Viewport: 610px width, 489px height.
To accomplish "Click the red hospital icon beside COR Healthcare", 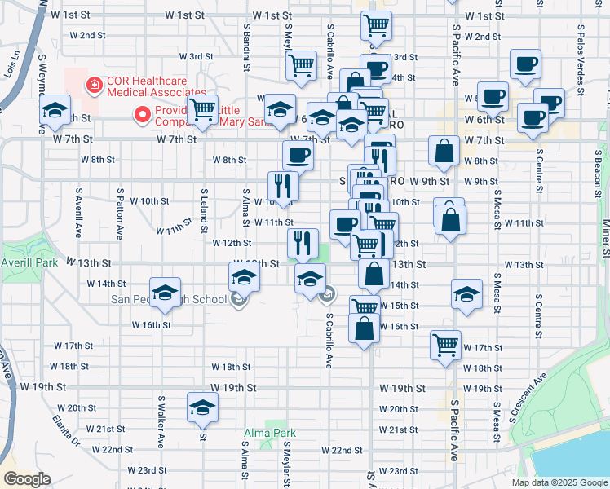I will click(x=95, y=82).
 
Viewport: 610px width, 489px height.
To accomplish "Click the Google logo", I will click(x=27, y=479).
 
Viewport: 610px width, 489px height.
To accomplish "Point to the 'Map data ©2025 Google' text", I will click(x=559, y=482).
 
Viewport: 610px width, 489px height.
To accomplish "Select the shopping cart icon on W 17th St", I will click(x=445, y=344).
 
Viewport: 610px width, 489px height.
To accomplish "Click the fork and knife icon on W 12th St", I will click(x=303, y=241).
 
